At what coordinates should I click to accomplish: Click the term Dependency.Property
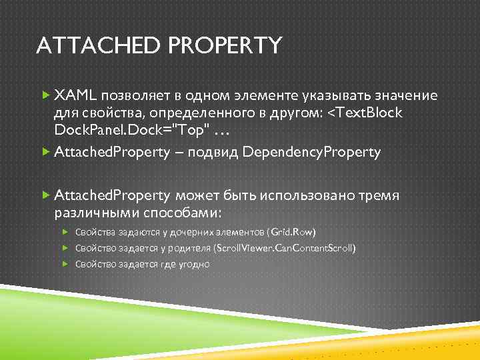pos(312,152)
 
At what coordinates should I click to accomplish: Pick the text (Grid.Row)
pos(291,232)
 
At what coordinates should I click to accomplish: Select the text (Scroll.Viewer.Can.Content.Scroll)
pos(284,248)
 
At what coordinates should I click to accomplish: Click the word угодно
pos(193,264)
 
